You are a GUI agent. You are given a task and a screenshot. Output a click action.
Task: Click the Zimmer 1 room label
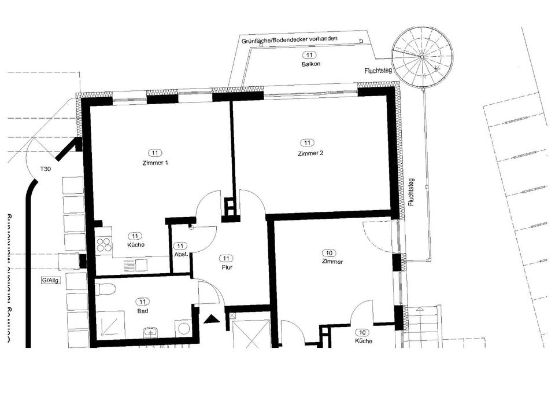pos(154,163)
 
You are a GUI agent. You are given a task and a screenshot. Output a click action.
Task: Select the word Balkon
pos(310,64)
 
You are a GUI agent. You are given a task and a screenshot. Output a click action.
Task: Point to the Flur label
pos(227,268)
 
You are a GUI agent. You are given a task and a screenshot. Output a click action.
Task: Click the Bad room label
pos(142,311)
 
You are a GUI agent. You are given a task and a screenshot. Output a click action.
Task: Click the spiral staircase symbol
pos(421,58)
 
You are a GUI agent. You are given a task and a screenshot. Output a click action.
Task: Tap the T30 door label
pos(45,169)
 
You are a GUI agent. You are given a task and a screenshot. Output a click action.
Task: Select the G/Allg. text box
pos(51,281)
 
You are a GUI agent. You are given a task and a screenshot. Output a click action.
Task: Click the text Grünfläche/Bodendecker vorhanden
pos(289,40)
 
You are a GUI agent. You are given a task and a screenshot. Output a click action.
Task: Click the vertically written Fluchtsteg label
pos(411,192)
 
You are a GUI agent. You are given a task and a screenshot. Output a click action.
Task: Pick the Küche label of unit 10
pos(363,341)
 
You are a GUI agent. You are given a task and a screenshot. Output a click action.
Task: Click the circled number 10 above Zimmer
pos(329,253)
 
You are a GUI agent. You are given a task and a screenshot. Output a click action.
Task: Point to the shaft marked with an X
pos(233,316)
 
